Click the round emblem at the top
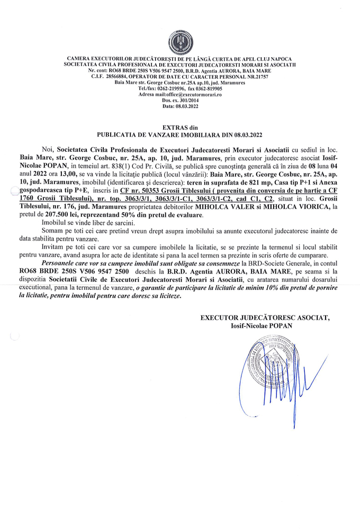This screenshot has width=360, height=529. (x=180, y=42)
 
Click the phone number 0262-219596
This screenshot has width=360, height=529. (x=158, y=88)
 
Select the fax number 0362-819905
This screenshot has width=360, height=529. (x=204, y=88)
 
